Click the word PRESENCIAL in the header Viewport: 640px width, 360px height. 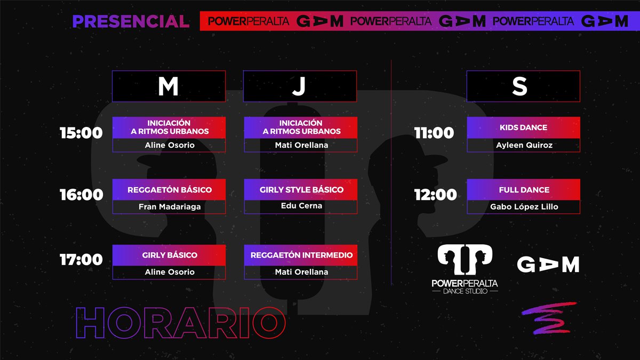point(131,21)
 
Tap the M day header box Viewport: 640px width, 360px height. point(169,86)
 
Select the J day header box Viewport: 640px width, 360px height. point(300,86)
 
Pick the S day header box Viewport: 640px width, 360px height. point(523,86)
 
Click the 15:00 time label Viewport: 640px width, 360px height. point(81,133)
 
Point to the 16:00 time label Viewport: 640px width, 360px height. point(82,195)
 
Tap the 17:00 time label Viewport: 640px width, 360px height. point(81,260)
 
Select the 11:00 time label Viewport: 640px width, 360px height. point(434,133)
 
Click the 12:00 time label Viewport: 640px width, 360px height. point(435,195)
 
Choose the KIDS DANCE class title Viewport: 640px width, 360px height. point(523,127)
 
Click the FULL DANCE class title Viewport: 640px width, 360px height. point(524,190)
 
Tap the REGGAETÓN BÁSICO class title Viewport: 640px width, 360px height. point(170,190)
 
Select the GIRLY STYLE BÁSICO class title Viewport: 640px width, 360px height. point(301,190)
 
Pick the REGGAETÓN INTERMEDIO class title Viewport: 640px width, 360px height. point(301,255)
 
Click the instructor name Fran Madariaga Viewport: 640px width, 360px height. point(170,206)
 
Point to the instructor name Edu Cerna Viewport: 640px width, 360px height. point(301,206)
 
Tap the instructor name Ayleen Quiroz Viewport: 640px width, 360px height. point(524,145)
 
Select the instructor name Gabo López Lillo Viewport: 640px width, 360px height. point(524,206)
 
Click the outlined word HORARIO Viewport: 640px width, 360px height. point(181,323)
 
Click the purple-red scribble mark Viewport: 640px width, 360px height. point(549,318)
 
